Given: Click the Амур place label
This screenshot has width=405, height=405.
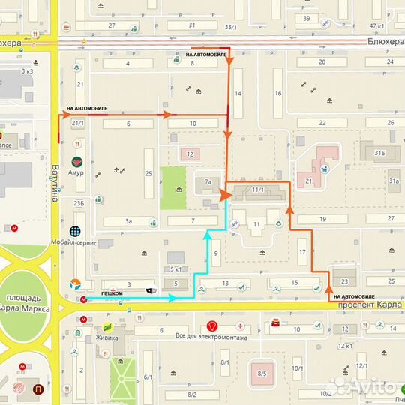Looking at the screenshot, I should [76, 173].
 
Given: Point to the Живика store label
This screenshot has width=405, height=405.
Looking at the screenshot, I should [106, 337].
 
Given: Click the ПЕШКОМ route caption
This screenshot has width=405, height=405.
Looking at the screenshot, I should [112, 292].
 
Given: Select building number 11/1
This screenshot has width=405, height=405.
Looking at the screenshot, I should [259, 191].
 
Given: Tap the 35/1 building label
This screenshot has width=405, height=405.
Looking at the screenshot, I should [230, 26].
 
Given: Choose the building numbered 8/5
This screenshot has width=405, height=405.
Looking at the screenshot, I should [262, 373].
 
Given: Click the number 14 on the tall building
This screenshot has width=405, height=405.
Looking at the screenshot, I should [238, 94].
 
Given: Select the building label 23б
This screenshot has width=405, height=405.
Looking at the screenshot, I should [77, 203].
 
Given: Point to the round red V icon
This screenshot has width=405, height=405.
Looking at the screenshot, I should [212, 326].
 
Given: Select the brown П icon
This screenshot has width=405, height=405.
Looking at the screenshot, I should [38, 388].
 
